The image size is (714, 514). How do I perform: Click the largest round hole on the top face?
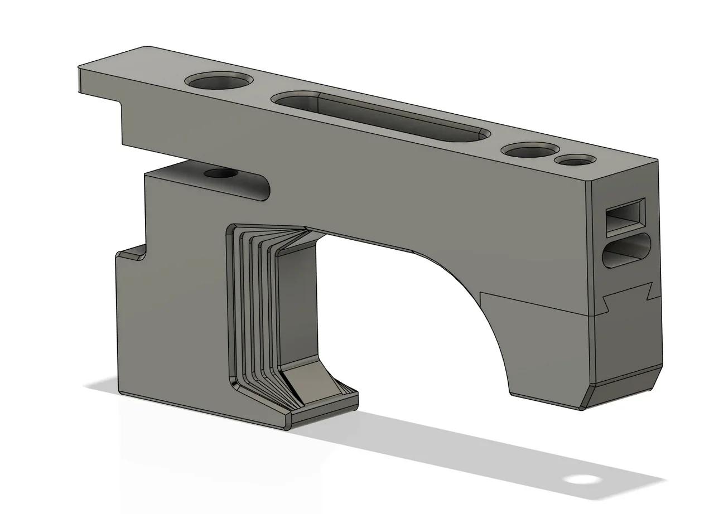click(218, 82)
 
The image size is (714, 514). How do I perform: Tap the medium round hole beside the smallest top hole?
click(529, 150)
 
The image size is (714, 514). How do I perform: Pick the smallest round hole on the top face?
click(572, 161)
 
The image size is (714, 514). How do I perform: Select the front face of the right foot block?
click(547, 351)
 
